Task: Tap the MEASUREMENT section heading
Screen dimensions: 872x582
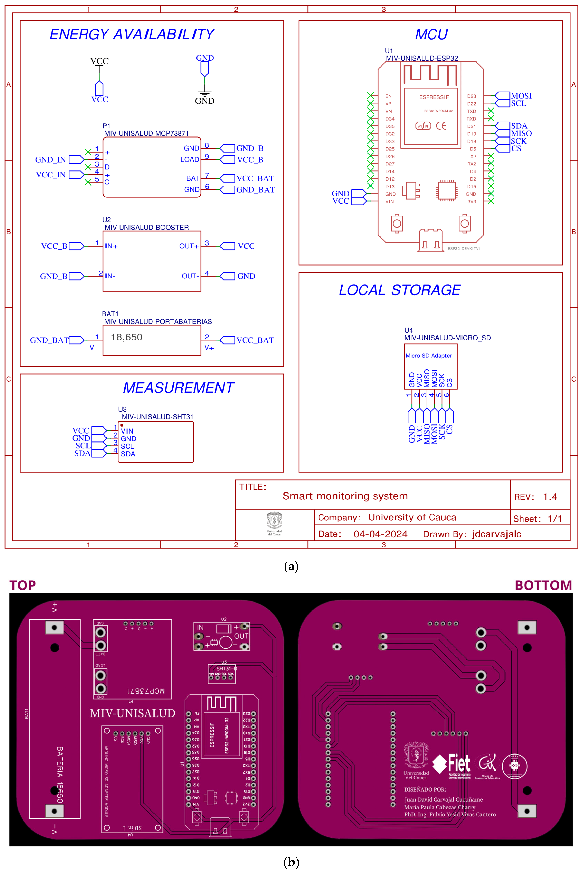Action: [x=179, y=388]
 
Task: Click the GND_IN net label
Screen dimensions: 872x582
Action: [x=50, y=160]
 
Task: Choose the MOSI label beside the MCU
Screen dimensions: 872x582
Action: [x=521, y=96]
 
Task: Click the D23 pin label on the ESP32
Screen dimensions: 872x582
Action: [x=471, y=96]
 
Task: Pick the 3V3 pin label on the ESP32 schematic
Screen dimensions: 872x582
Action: [x=471, y=202]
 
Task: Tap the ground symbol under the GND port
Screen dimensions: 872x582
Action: [x=205, y=93]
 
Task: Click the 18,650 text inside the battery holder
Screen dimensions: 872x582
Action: [x=127, y=337]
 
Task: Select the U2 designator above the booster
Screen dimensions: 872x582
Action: [x=107, y=220]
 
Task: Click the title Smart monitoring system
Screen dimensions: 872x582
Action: [x=345, y=496]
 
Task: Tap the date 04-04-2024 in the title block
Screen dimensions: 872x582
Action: [x=381, y=534]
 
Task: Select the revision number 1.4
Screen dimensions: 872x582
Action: [x=550, y=497]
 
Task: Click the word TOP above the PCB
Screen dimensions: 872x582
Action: [x=23, y=586]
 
